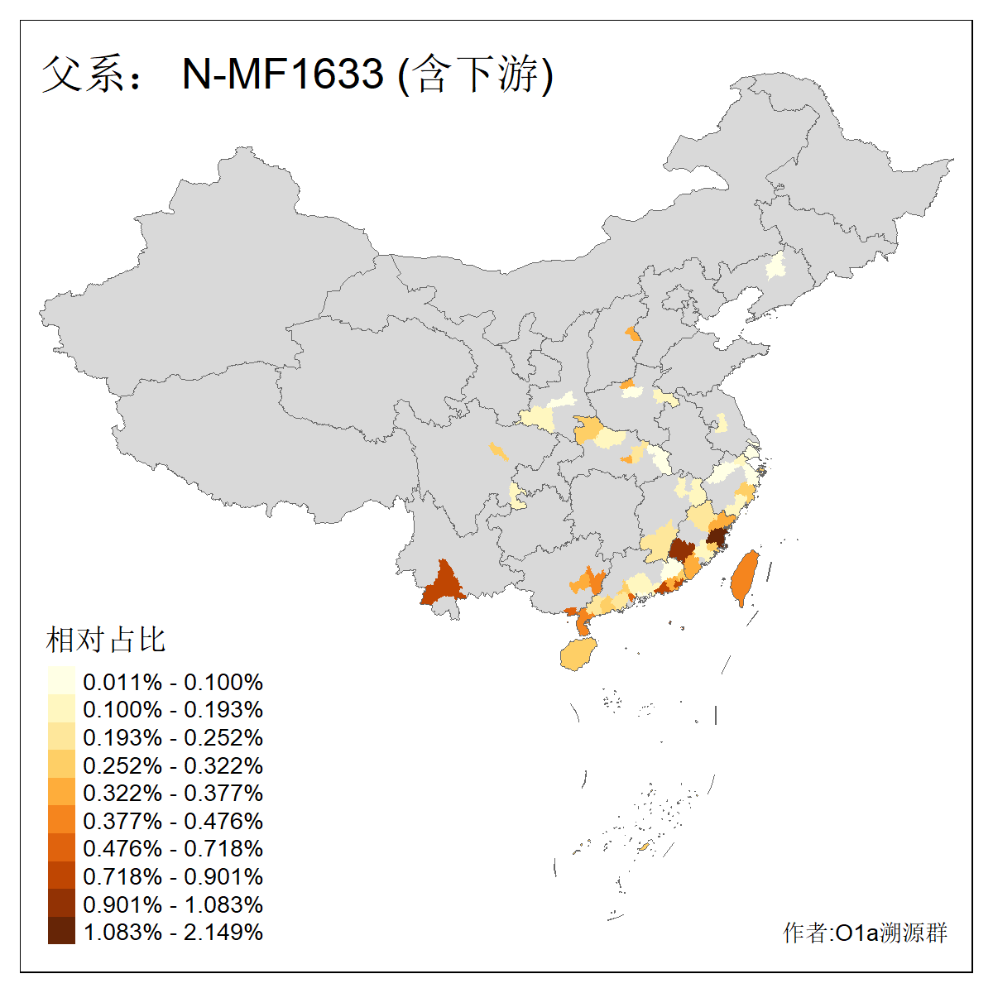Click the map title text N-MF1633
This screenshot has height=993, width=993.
(x=282, y=74)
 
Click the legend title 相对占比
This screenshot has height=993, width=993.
(x=106, y=640)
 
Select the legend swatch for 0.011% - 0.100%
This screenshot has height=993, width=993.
(x=61, y=681)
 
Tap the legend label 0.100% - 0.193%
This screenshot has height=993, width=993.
(x=173, y=710)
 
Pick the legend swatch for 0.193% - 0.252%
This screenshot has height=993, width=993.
(x=61, y=737)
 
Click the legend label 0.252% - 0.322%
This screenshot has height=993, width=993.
(x=173, y=765)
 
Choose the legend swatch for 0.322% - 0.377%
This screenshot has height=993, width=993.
(x=61, y=793)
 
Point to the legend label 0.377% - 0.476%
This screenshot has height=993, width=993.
(x=173, y=821)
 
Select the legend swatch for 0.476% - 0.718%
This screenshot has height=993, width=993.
(x=61, y=848)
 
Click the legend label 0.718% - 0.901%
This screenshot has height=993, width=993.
(x=173, y=876)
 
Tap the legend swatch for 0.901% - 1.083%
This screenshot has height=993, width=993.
(x=61, y=904)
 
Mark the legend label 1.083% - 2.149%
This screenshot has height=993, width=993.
(x=173, y=932)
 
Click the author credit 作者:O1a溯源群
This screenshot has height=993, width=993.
(x=865, y=933)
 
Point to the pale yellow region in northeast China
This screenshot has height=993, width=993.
(x=776, y=266)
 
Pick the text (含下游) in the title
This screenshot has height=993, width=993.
(x=476, y=74)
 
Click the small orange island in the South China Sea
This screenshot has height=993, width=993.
(x=644, y=847)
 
